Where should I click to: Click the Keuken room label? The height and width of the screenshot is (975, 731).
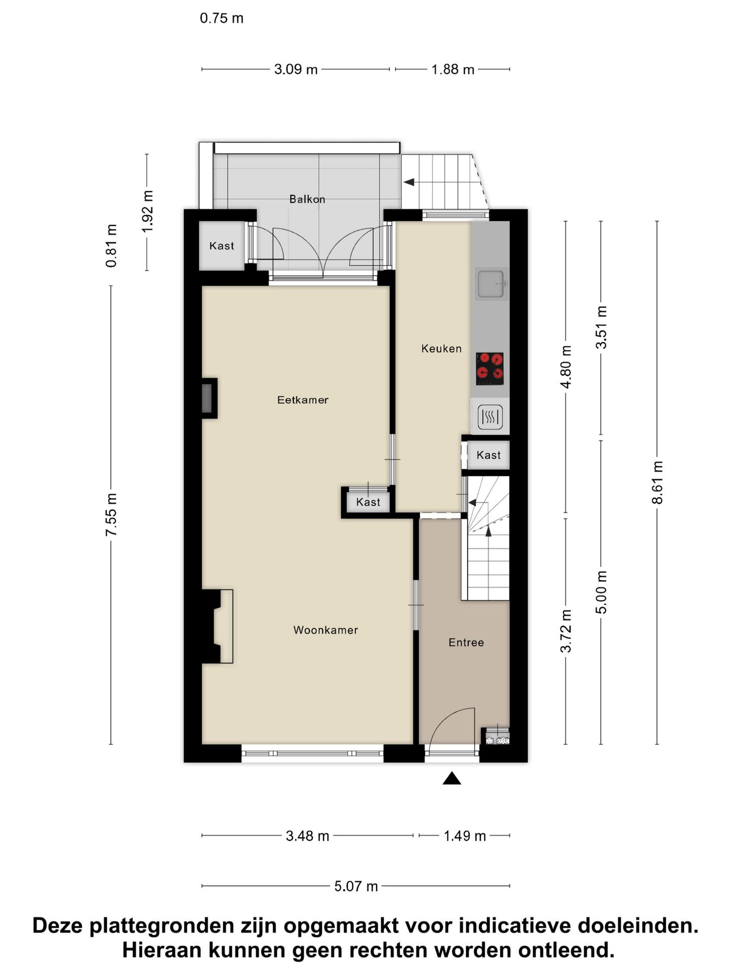[x=441, y=348]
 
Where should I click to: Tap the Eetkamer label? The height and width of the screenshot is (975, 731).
[x=303, y=400]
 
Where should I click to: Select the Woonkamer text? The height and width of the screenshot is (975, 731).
[x=325, y=630]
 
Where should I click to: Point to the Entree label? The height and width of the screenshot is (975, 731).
[x=466, y=642]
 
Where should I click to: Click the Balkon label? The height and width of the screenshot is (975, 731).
[x=307, y=199]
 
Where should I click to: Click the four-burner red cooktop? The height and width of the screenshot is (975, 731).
[x=489, y=369]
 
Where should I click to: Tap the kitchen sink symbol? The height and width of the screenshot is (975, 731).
[x=491, y=283]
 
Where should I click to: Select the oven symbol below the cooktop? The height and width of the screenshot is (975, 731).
[x=490, y=417]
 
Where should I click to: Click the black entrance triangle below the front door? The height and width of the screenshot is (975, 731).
[x=451, y=778]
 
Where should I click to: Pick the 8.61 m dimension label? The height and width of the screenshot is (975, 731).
[x=657, y=482]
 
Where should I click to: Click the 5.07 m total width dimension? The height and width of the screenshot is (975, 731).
[x=356, y=886]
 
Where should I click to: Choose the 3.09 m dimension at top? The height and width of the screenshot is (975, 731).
[x=295, y=69]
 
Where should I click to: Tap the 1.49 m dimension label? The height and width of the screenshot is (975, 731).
[x=464, y=835]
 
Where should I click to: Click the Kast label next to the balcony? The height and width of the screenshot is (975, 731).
[x=222, y=246]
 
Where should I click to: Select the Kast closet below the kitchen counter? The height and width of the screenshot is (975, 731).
[x=488, y=455]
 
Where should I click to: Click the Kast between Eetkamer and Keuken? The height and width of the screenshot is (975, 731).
[x=368, y=502]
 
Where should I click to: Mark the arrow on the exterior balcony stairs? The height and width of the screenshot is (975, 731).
[x=409, y=182]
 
